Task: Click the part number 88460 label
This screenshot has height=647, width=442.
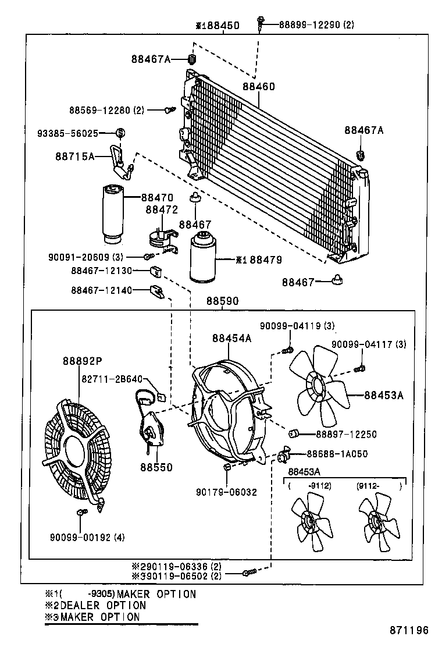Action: (x=259, y=87)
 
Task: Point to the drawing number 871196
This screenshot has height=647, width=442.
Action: (x=409, y=630)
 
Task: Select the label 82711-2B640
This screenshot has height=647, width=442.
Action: (x=112, y=379)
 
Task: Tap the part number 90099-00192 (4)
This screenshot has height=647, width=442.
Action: (x=88, y=536)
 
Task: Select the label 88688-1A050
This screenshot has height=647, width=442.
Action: (x=337, y=453)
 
